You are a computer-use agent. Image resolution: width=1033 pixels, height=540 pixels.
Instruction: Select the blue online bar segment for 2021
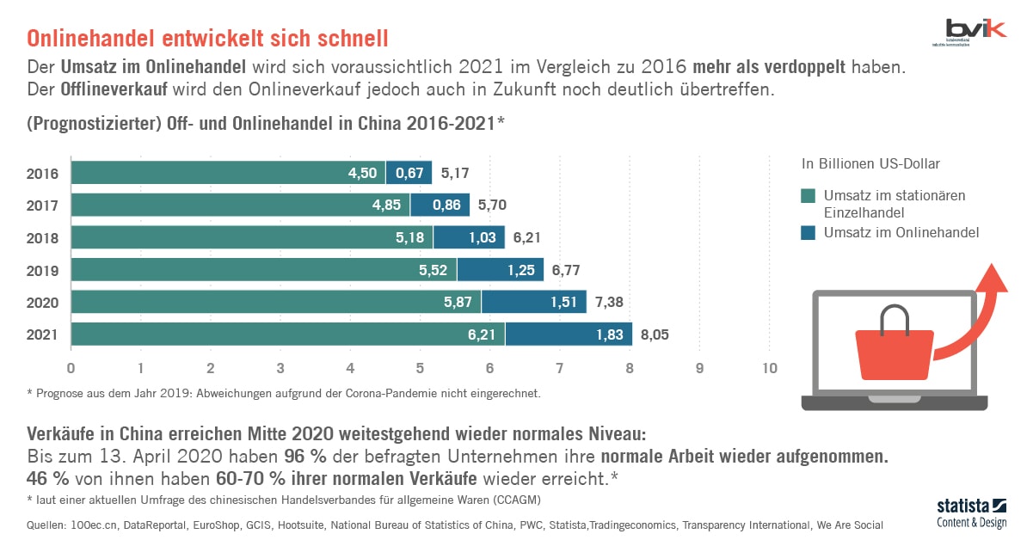(x=569, y=334)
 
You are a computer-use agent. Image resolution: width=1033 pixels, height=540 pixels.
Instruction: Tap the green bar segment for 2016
(x=228, y=173)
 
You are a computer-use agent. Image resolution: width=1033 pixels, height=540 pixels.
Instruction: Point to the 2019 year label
(x=43, y=270)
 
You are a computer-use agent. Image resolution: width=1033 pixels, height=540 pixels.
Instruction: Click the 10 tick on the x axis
(x=769, y=369)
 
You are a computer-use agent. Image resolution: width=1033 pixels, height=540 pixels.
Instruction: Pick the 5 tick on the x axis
(x=420, y=369)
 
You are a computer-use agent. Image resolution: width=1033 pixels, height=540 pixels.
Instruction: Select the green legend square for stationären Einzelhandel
(x=808, y=196)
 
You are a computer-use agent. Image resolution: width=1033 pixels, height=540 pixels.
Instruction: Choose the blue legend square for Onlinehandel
(x=808, y=232)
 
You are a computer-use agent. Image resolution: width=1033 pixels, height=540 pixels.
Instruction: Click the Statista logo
(x=971, y=512)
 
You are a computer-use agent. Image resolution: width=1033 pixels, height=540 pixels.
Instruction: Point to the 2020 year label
(x=43, y=303)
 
